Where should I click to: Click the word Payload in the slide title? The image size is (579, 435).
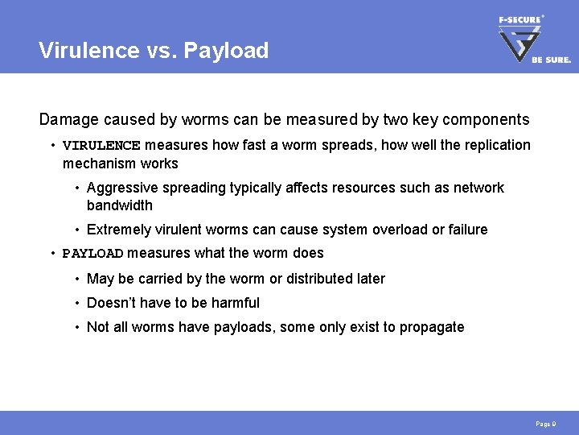coord(226,51)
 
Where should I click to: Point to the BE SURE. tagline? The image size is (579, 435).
coord(551,60)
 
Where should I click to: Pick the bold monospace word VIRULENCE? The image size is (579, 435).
coord(101,146)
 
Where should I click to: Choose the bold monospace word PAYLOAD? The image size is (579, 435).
coord(92,254)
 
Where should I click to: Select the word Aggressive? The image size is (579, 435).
coord(121,188)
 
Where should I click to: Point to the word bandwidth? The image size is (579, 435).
coord(119,205)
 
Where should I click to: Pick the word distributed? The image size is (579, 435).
coord(306,279)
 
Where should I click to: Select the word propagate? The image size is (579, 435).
coord(433,327)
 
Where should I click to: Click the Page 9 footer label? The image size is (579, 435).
coord(545,423)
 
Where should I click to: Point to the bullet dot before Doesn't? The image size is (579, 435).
coord(76,303)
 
